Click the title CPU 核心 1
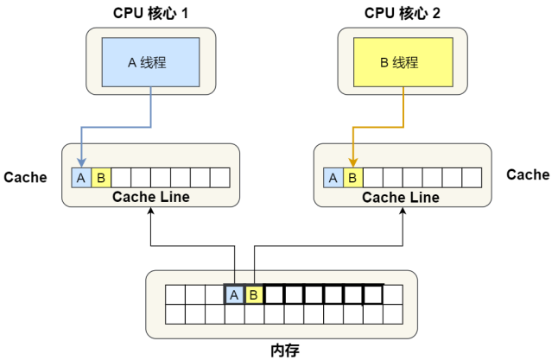(150, 13)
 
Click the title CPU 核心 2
(403, 13)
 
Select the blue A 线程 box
(150, 62)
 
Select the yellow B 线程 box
(403, 62)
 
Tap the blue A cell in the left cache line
(81, 178)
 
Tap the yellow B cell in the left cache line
(101, 178)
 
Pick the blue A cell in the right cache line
(333, 178)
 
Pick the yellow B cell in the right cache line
(352, 178)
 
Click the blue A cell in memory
(234, 294)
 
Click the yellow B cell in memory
(254, 294)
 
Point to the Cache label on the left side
(25, 177)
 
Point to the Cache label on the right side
(528, 174)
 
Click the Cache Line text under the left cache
(151, 197)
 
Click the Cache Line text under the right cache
(401, 198)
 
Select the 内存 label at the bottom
(285, 351)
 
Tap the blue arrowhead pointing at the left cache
(81, 163)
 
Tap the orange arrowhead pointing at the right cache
(353, 163)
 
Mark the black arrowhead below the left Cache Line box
(151, 211)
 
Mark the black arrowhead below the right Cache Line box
(403, 211)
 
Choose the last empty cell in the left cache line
(220, 178)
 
